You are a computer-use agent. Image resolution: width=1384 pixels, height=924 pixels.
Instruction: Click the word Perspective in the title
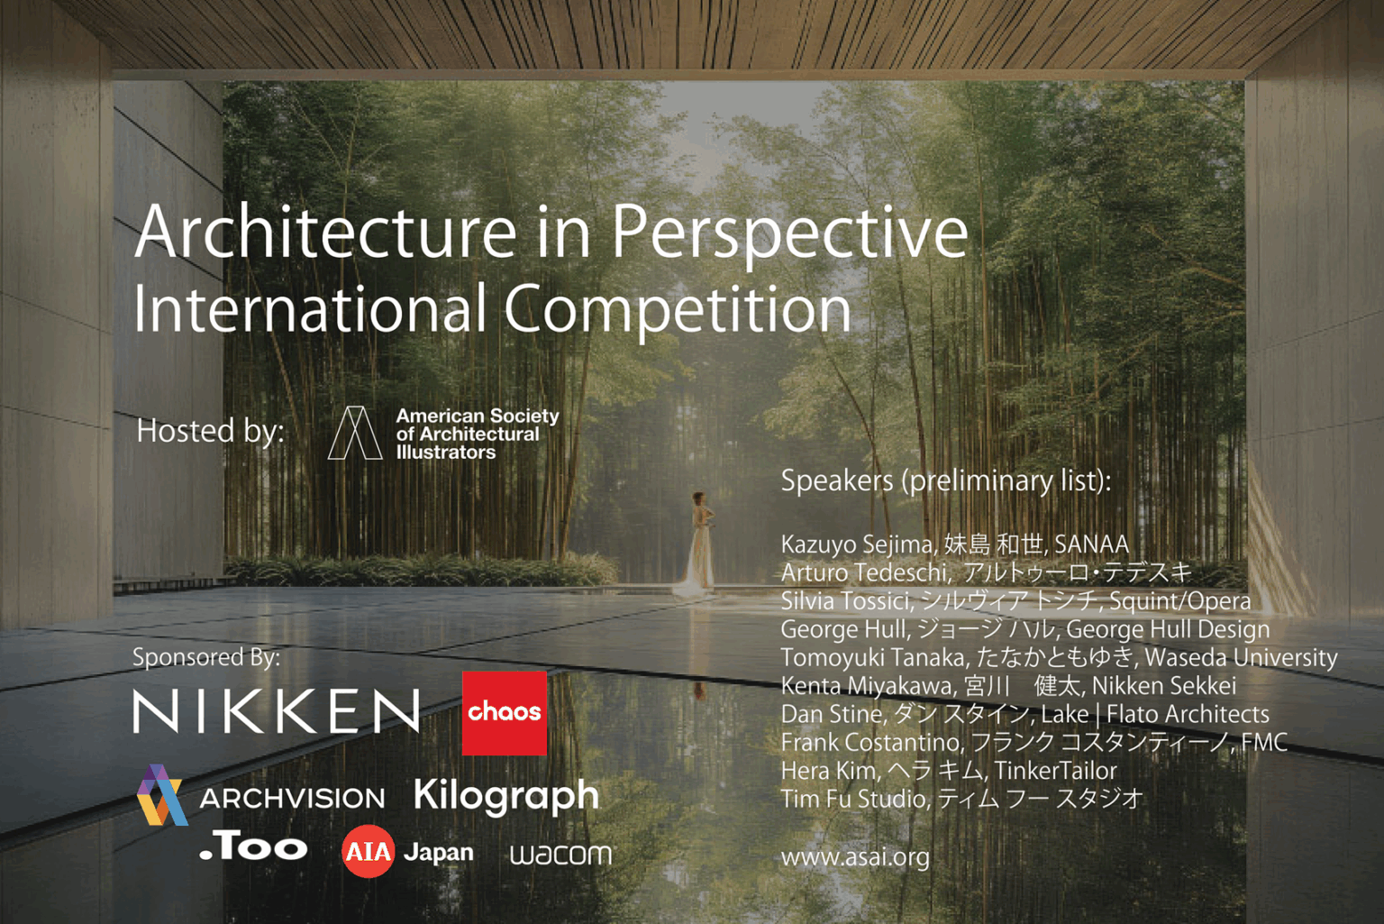[x=789, y=233]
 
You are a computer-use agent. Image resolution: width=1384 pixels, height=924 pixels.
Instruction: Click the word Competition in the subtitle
[x=677, y=309]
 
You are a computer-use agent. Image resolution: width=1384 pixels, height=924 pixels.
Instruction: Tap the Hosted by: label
[x=210, y=431]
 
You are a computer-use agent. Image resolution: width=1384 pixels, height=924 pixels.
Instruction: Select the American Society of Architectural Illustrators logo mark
[x=354, y=433]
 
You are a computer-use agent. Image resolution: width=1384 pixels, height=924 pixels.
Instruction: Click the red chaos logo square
[x=505, y=712]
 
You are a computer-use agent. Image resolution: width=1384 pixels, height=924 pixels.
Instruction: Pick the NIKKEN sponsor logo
[x=277, y=711]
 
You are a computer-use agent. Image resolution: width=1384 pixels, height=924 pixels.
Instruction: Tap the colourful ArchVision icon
[x=161, y=795]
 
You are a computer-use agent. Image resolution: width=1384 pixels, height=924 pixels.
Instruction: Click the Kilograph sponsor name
[x=506, y=796]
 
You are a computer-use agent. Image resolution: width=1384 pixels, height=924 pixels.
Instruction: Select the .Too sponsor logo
[x=254, y=846]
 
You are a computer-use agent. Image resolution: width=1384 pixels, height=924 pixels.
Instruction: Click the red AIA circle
[x=368, y=851]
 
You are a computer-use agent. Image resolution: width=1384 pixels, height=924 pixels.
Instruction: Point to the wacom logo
[x=560, y=854]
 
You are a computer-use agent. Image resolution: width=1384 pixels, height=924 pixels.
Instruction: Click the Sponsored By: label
[x=206, y=656]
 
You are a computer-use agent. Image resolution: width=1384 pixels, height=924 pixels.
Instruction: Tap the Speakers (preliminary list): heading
[x=945, y=480]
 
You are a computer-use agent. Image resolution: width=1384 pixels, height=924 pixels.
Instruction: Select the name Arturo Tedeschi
[x=863, y=572]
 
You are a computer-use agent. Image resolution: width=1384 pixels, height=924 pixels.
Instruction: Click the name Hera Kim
[x=828, y=771]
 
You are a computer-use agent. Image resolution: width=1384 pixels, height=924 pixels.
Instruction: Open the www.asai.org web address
[x=855, y=856]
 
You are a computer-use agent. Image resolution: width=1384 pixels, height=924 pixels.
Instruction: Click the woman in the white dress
[x=698, y=545]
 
